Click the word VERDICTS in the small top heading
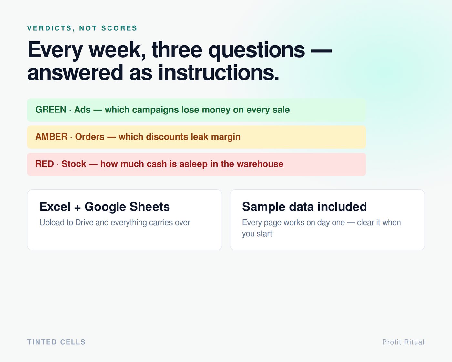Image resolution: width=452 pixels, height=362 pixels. click(x=50, y=28)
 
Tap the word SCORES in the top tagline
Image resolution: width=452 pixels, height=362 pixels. click(x=119, y=28)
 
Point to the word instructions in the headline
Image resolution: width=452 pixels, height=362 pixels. click(x=219, y=73)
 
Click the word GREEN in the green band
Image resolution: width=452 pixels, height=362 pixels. click(x=51, y=110)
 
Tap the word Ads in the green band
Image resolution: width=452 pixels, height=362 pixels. click(x=82, y=110)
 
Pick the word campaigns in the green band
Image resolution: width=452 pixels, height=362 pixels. click(x=155, y=110)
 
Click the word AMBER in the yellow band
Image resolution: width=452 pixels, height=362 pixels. click(x=51, y=137)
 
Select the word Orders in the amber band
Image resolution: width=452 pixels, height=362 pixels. click(x=90, y=137)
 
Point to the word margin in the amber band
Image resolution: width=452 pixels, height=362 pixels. click(x=226, y=137)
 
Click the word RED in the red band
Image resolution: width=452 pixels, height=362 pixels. click(x=45, y=164)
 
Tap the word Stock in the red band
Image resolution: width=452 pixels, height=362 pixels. click(x=74, y=164)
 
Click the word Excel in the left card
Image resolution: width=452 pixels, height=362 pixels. click(x=55, y=207)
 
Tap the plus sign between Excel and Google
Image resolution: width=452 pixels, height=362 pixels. click(x=77, y=208)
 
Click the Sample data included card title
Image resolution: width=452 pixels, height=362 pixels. click(x=304, y=207)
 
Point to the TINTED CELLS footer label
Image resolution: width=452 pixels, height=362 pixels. click(x=56, y=342)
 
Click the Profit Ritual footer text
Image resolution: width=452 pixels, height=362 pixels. click(x=403, y=342)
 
